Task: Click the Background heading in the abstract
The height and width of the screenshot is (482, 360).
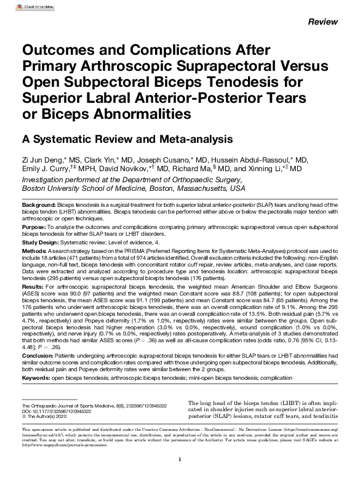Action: pos(38,204)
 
